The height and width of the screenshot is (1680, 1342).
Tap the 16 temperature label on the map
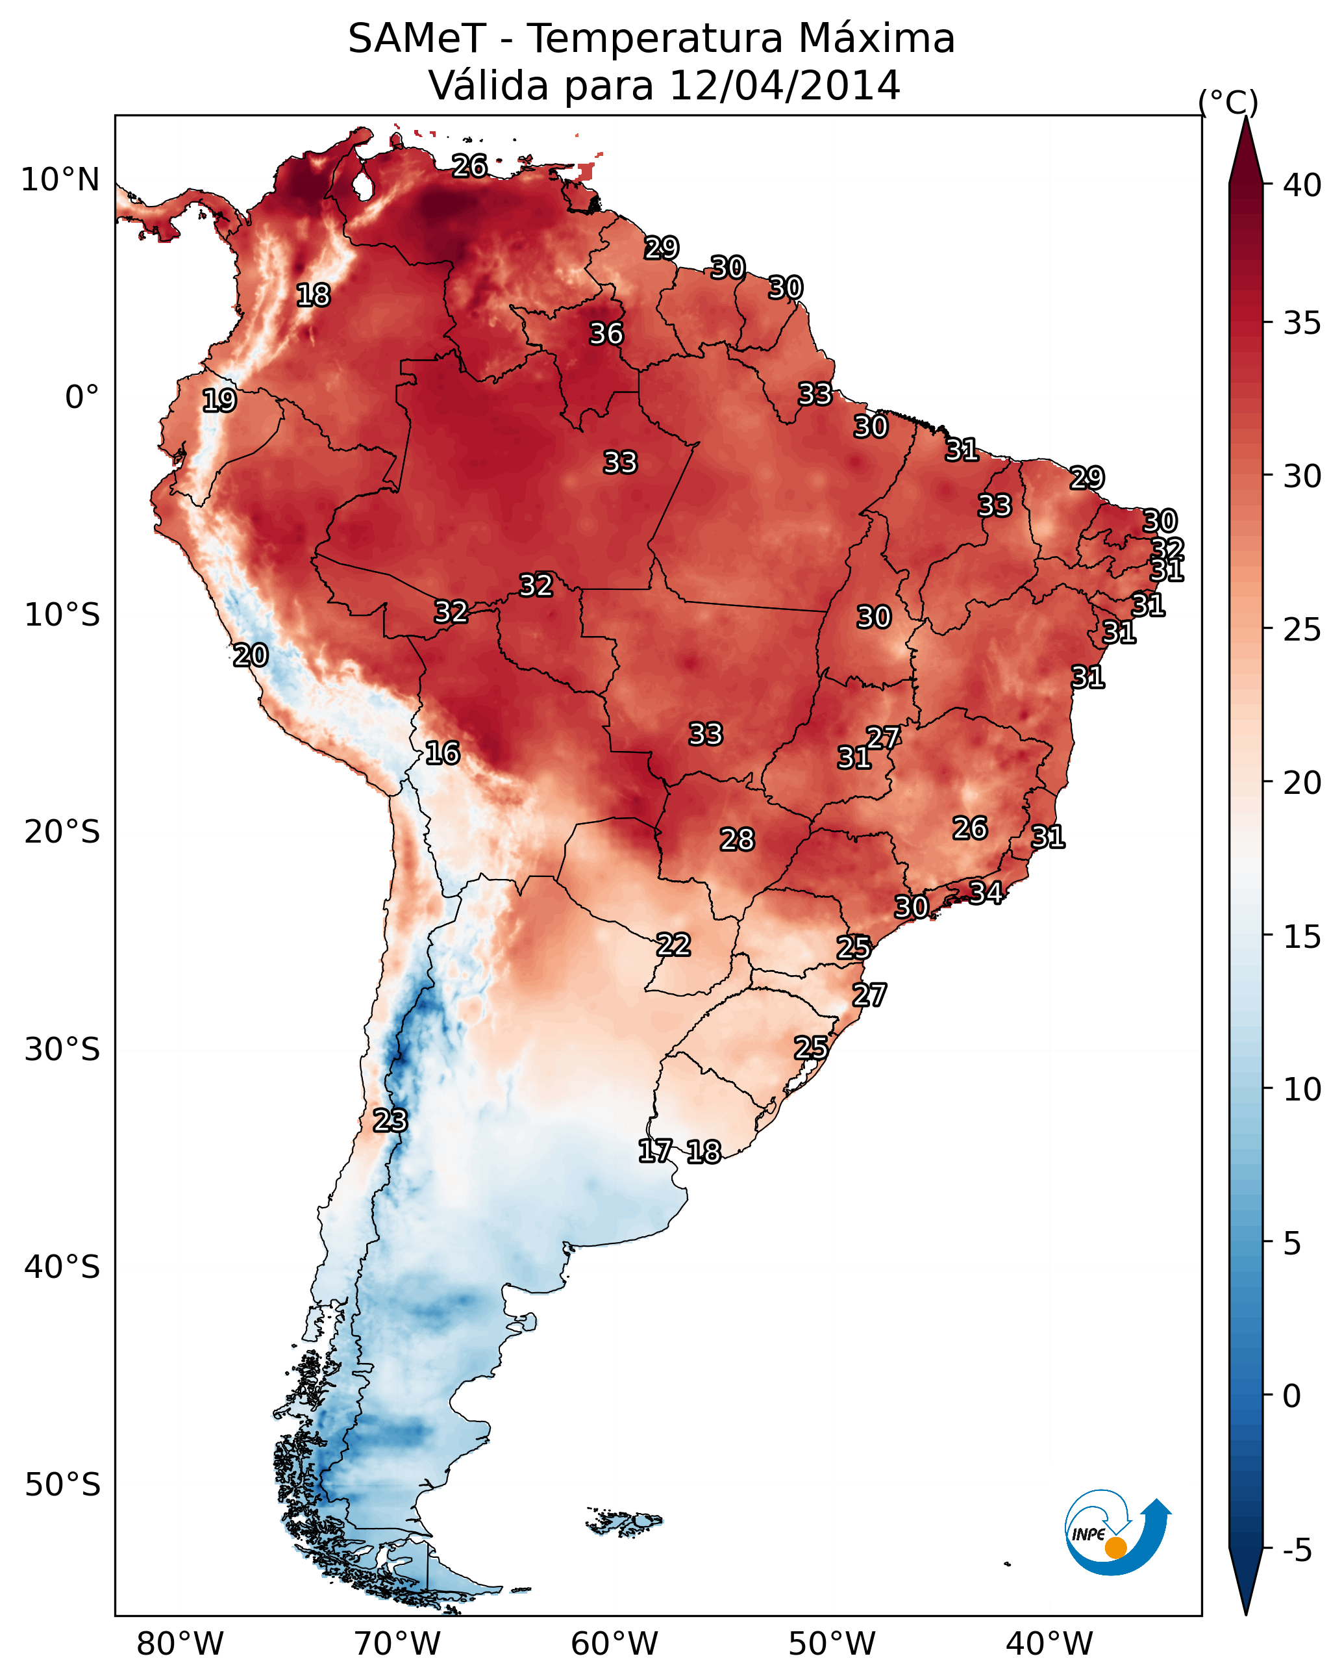point(442,754)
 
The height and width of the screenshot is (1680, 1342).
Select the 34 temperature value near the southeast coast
point(986,892)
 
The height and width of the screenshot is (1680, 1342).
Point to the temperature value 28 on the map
point(737,840)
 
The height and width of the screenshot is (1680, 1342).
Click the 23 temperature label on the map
point(390,1121)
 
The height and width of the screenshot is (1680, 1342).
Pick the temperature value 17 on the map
point(655,1151)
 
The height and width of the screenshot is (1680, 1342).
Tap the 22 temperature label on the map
point(673,945)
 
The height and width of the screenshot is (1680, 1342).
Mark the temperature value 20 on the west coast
point(251,655)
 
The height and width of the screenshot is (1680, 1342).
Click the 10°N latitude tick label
point(60,180)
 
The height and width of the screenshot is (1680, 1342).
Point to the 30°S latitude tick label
point(62,1050)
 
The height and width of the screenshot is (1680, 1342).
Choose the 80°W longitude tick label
point(180,1644)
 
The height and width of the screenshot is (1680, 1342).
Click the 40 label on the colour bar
point(1302,185)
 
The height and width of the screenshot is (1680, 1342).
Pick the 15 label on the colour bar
point(1302,937)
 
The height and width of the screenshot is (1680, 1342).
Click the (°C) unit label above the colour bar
point(1228,102)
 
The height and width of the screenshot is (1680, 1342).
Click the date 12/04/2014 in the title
point(784,85)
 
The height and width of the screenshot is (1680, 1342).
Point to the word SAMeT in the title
point(417,39)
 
